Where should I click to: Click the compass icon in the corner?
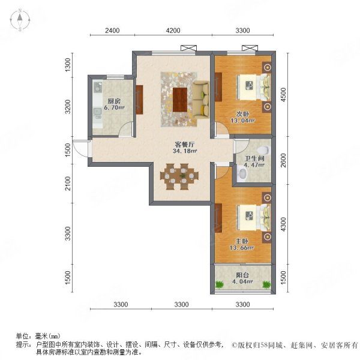click(x=20, y=20)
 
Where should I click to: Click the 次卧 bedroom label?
click(x=242, y=113)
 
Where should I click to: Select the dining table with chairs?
click(x=179, y=177)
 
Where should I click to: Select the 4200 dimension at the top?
click(x=173, y=30)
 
